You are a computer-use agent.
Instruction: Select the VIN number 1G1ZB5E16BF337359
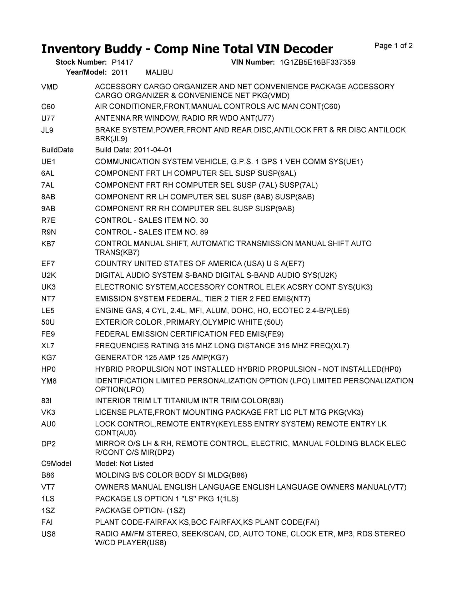[x=317, y=62]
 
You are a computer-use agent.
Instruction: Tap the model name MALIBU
[x=159, y=73]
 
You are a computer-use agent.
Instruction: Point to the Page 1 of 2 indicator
[x=393, y=46]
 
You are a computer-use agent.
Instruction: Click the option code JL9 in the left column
[x=47, y=130]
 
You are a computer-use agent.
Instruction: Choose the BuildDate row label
[x=57, y=150]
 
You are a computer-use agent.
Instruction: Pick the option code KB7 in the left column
[x=48, y=244]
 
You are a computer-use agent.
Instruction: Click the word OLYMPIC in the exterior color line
[x=219, y=323]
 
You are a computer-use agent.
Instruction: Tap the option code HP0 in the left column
[x=49, y=369]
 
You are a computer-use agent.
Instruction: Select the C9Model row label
[x=56, y=464]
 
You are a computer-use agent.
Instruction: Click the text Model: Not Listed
[x=124, y=464]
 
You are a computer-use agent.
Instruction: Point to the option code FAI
[x=47, y=522]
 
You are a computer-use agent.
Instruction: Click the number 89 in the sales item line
[x=204, y=232]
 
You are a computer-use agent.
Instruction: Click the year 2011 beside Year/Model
[x=120, y=73]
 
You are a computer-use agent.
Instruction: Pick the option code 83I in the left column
[x=46, y=401]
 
